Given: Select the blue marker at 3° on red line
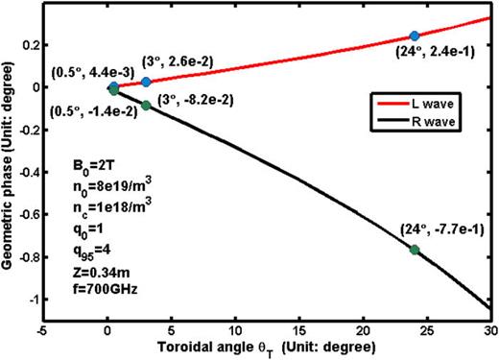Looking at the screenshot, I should pyautogui.click(x=146, y=83).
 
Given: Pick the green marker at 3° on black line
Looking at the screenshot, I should pyautogui.click(x=146, y=105).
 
